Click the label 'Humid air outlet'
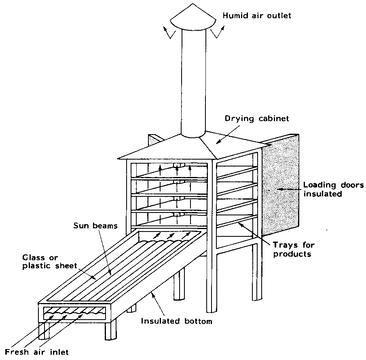[x=257, y=16]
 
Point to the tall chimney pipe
[x=194, y=81]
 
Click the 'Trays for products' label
[x=293, y=249]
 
